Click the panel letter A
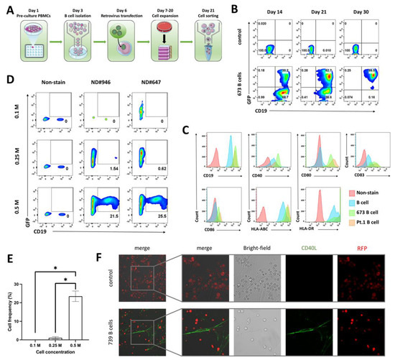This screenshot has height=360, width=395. coord(7,7)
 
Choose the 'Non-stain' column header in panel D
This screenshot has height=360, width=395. coord(55,81)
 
